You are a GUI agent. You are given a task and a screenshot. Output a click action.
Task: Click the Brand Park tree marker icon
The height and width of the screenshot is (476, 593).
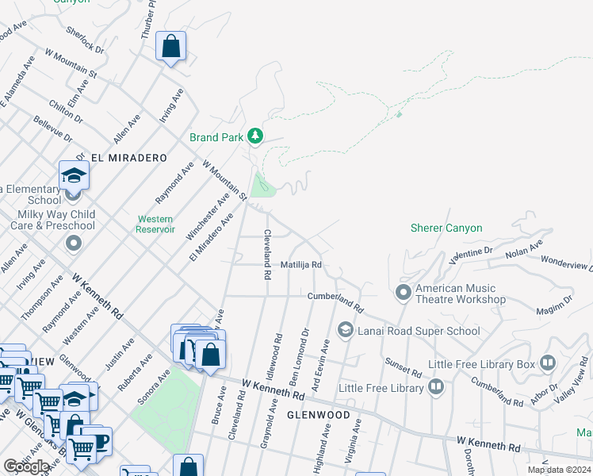click(x=254, y=137)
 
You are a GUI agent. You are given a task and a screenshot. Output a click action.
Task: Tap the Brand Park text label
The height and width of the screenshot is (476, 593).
click(x=216, y=137)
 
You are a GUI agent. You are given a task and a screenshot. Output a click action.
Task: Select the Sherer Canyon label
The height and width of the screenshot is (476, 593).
click(x=446, y=228)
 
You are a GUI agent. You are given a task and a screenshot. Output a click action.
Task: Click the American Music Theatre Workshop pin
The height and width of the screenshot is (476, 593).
click(x=404, y=294)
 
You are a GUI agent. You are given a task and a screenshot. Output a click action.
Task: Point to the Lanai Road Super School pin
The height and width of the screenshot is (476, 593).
click(x=346, y=328)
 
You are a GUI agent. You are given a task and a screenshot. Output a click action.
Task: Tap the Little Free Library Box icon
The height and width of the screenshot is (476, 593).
click(x=548, y=364)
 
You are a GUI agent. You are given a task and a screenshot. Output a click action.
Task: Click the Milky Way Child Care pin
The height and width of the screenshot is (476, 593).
click(x=73, y=242)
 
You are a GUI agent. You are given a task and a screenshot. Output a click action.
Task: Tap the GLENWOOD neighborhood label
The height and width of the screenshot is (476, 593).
click(x=318, y=415)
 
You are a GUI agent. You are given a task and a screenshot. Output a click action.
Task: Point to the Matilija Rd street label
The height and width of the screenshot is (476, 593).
click(x=301, y=265)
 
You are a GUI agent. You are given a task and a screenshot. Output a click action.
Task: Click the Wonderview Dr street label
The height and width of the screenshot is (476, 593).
click(x=566, y=263)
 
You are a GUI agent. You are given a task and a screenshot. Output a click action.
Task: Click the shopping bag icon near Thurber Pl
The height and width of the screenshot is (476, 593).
click(x=171, y=48)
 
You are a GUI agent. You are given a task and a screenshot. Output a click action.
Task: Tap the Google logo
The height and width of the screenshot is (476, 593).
click(x=26, y=466)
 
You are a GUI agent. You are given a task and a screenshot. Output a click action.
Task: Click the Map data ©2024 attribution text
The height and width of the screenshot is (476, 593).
click(x=558, y=470)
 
